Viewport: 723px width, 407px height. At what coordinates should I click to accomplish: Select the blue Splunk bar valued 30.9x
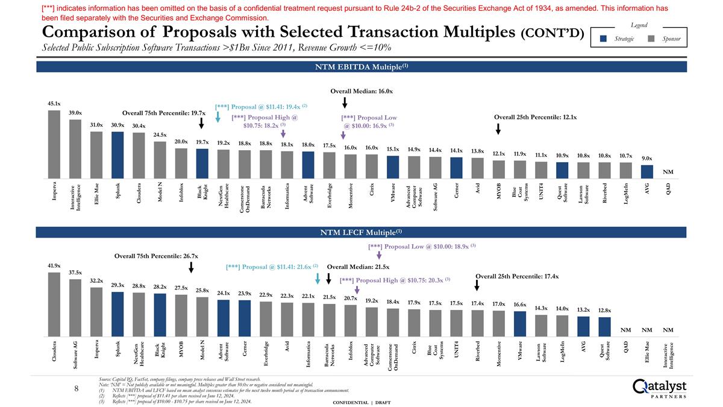[117, 155]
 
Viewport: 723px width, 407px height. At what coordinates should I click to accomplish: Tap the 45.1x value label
[54, 103]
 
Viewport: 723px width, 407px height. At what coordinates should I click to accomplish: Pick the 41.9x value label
[54, 265]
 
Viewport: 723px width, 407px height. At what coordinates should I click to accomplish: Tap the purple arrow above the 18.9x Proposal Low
[371, 255]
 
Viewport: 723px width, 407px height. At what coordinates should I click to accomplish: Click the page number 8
[77, 389]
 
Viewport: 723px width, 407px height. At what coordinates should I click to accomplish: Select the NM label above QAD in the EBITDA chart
[668, 172]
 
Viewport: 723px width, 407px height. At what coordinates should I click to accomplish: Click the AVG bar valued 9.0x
[646, 172]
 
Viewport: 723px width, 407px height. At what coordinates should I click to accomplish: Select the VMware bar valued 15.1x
[393, 167]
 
